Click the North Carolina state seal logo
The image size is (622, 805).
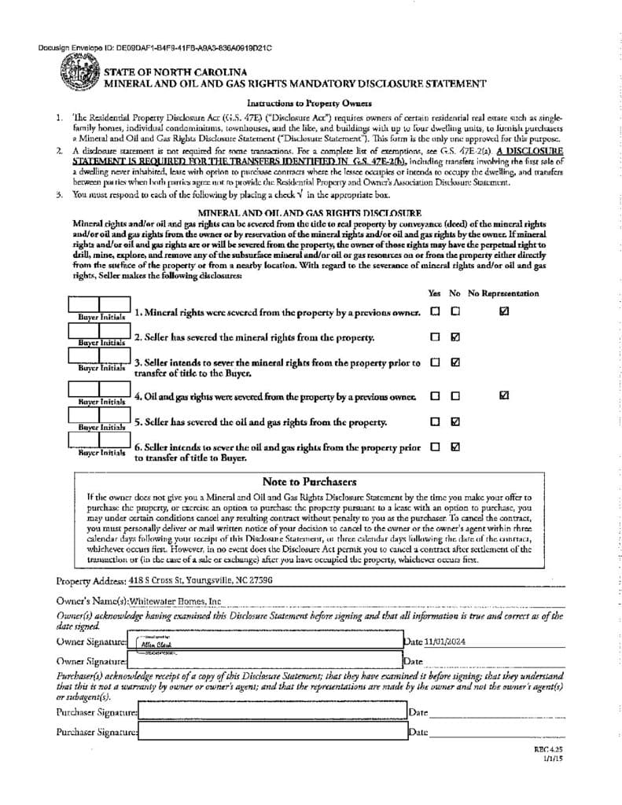pos(79,78)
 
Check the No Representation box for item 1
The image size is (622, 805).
pos(504,311)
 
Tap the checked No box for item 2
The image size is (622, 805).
pos(455,337)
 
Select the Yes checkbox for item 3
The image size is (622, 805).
pos(435,363)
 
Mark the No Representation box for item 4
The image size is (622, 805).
pos(504,395)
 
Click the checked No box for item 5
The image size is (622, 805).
pos(455,421)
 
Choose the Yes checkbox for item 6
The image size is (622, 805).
pos(435,447)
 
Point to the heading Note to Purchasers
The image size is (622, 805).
pos(309,482)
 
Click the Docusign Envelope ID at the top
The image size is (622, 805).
pos(154,49)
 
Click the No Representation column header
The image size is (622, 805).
pos(503,293)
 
